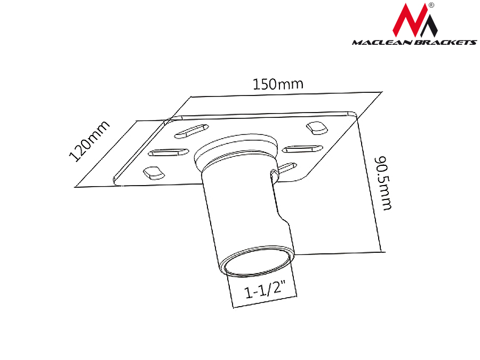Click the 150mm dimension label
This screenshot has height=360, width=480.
(278, 84)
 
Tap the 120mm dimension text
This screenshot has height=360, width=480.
(89, 141)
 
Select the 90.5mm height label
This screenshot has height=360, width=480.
(383, 183)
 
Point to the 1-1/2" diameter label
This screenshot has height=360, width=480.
(265, 290)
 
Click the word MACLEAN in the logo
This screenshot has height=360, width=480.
(382, 42)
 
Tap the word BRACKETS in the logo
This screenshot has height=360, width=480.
(446, 42)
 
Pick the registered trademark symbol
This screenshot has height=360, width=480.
(431, 5)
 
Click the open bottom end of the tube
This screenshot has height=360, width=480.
(257, 260)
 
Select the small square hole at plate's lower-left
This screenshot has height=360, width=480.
(154, 173)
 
